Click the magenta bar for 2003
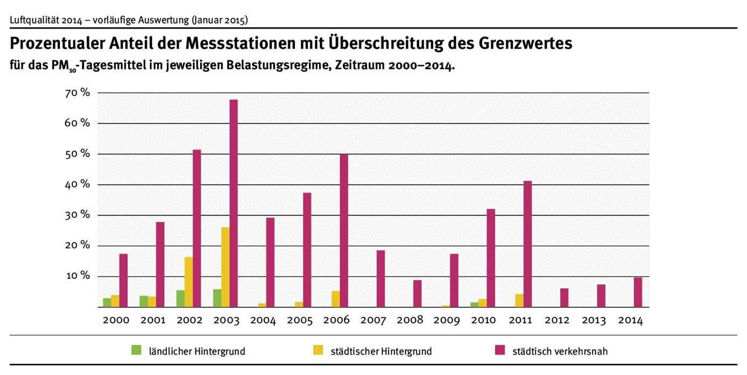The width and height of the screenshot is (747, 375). tap(234, 203)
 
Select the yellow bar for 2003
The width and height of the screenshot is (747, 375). tap(225, 267)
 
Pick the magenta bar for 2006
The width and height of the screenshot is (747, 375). tap(344, 231)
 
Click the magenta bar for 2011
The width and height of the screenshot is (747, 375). tap(527, 244)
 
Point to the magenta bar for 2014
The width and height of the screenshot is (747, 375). tap(638, 292)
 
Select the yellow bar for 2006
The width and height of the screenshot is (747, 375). tap(335, 299)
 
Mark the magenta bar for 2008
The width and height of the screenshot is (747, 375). tap(417, 293)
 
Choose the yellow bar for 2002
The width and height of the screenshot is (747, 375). tap(188, 282)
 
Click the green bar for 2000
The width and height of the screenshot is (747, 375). tap(107, 302)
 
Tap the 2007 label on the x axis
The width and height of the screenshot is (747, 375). tap(373, 321)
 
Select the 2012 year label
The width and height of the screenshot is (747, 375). tap(556, 321)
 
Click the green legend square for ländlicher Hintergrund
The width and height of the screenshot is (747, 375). tap(136, 350)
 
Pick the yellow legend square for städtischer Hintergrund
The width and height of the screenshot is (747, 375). tap(317, 350)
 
